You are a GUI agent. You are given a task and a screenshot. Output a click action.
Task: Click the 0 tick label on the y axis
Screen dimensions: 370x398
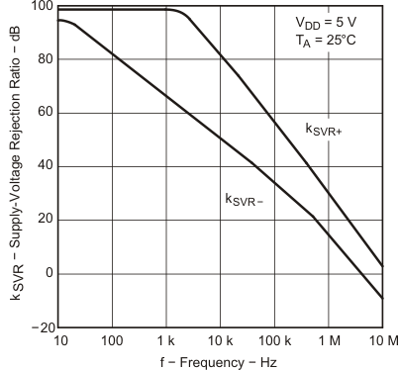point(49,273)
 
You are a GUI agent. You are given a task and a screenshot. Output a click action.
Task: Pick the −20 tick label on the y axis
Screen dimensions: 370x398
point(40,326)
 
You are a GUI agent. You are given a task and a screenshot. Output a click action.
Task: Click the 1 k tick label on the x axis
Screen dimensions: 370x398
point(165,341)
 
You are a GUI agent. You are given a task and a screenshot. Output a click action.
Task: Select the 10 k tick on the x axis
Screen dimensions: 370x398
point(220,341)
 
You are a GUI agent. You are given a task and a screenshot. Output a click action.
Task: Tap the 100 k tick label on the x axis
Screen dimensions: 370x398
point(273,341)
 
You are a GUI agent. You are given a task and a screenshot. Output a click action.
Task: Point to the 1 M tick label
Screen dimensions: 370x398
point(328,341)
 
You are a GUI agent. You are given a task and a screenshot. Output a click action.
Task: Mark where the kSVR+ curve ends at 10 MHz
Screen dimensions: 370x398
point(382,265)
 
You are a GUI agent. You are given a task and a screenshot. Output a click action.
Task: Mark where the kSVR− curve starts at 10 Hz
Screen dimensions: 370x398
point(58,20)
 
